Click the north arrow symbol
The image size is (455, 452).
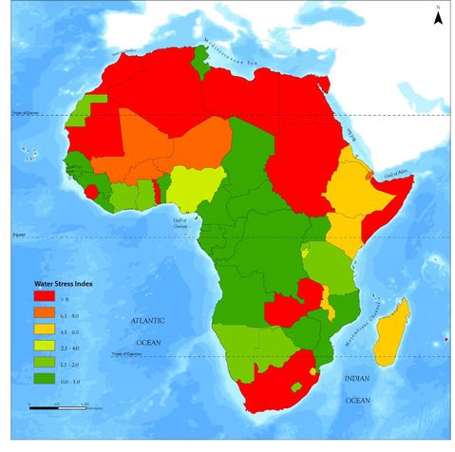[x=436, y=16]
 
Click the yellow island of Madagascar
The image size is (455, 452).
[x=391, y=332]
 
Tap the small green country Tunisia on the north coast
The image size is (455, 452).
[x=202, y=59]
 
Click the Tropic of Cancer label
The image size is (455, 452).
[x=22, y=114]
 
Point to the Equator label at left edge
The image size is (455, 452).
[x=16, y=234]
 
